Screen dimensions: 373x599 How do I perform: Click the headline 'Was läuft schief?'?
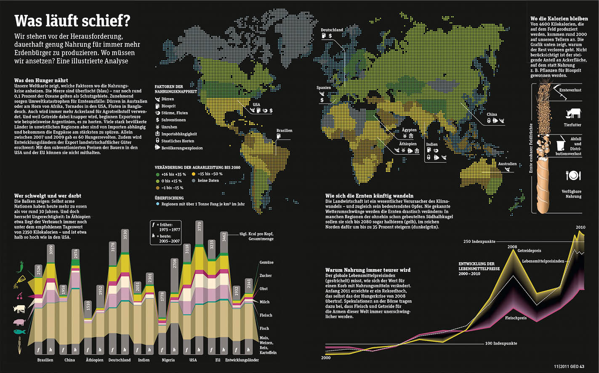pyautogui.click(x=72, y=21)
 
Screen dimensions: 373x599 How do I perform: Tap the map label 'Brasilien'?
pyautogui.click(x=284, y=131)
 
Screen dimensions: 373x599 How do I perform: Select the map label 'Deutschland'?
pyautogui.click(x=332, y=30)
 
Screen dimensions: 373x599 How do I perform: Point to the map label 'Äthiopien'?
pyautogui.click(x=408, y=144)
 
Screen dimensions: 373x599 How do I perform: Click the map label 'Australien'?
pyautogui.click(x=507, y=164)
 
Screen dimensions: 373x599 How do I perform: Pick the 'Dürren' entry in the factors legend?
pyautogui.click(x=168, y=99)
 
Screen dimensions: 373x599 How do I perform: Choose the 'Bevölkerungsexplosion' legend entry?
pyautogui.click(x=182, y=148)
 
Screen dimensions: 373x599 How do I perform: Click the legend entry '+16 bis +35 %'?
pyautogui.click(x=173, y=174)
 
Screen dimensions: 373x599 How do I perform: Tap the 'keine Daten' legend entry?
pyautogui.click(x=208, y=181)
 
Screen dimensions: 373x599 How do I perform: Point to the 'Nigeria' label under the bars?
pyautogui.click(x=168, y=360)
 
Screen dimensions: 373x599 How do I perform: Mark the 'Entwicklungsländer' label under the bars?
pyautogui.click(x=242, y=360)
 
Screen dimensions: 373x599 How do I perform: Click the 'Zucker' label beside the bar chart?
pyautogui.click(x=266, y=276)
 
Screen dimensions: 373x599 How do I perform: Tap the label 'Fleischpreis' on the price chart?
pyautogui.click(x=516, y=318)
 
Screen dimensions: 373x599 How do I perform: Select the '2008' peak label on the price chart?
pyautogui.click(x=512, y=247)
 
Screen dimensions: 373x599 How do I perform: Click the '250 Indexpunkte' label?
pyautogui.click(x=479, y=242)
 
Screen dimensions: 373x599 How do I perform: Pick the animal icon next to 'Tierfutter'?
pyautogui.click(x=573, y=113)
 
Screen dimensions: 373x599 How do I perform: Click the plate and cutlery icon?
pyautogui.click(x=573, y=175)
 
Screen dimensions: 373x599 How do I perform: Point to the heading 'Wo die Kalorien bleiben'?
pyautogui.click(x=559, y=19)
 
